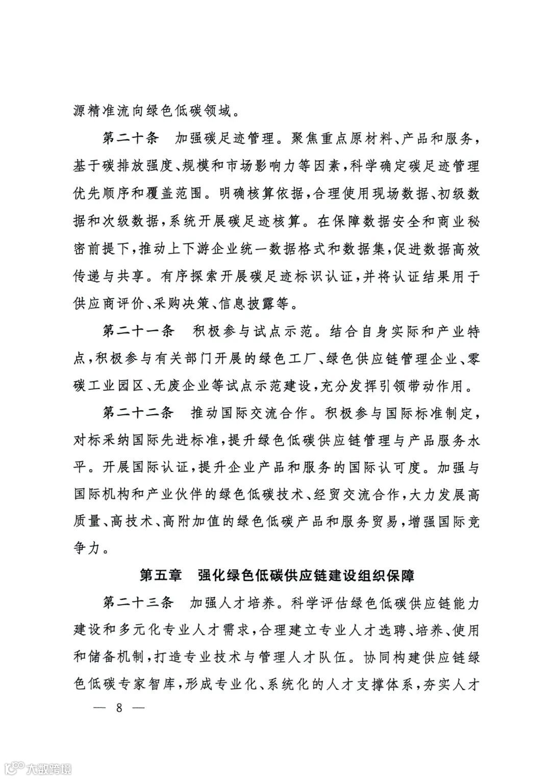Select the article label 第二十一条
click(138, 332)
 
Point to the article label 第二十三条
click(138, 603)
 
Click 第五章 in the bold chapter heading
click(161, 576)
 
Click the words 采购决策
click(181, 305)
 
